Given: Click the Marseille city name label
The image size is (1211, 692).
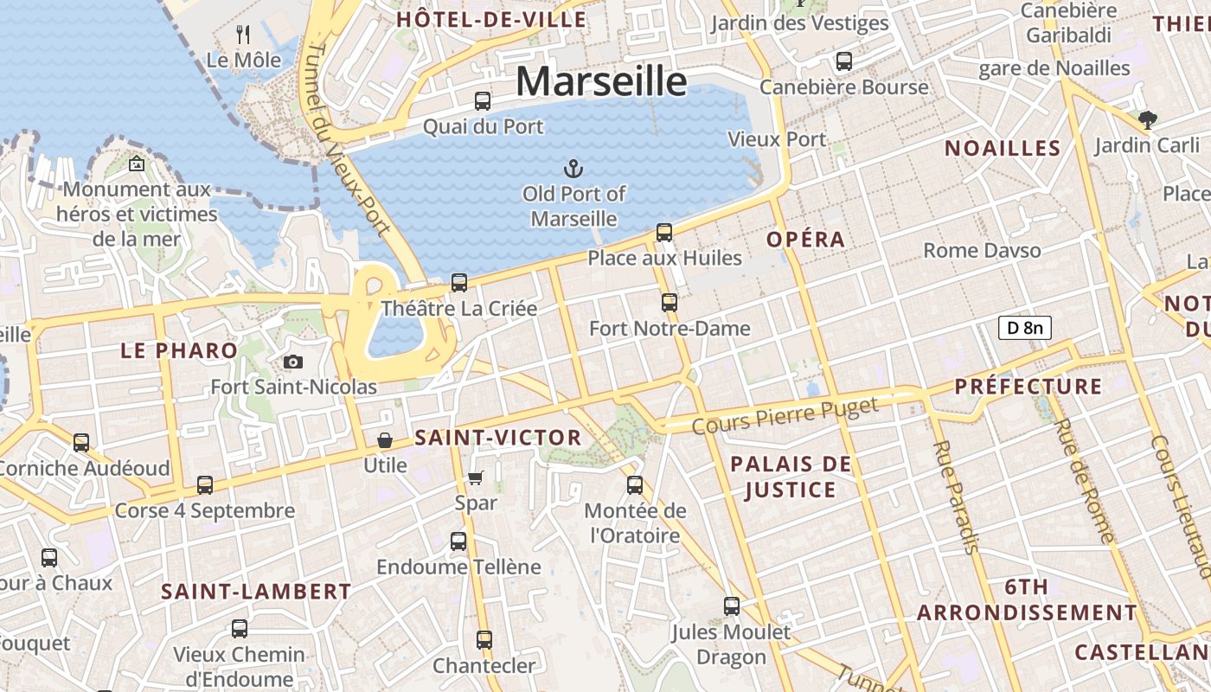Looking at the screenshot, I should [x=601, y=81].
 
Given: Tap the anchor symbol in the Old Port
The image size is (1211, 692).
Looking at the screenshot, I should [x=573, y=168].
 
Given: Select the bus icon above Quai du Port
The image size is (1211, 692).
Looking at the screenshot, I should [x=483, y=101].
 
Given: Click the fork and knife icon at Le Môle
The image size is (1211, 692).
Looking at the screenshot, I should [x=243, y=35].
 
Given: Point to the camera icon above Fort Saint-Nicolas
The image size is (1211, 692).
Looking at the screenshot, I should [x=293, y=362].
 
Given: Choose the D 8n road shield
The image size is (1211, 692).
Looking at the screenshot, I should [x=1025, y=327].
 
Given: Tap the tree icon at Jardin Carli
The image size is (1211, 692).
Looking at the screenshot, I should [x=1148, y=120].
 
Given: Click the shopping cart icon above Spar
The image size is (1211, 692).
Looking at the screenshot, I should [x=476, y=477].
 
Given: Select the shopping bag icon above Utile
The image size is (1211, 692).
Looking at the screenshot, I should [x=385, y=440].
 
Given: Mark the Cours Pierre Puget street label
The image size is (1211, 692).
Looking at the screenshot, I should [x=785, y=416].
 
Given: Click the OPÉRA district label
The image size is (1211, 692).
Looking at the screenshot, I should [x=805, y=240].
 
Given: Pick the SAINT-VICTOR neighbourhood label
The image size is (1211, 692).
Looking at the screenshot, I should [x=498, y=438].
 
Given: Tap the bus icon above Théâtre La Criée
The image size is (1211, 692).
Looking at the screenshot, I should [x=459, y=283].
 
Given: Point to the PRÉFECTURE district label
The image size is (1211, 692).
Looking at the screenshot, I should [x=1028, y=387].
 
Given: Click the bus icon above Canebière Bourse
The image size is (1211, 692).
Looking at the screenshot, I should [x=843, y=61].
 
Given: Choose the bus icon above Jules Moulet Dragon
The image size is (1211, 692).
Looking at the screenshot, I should [x=732, y=606].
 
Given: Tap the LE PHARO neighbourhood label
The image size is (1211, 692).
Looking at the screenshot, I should [x=179, y=350].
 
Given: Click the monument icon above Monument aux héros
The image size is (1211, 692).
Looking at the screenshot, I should [x=137, y=163].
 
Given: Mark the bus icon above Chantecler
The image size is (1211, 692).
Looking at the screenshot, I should [x=484, y=640].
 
